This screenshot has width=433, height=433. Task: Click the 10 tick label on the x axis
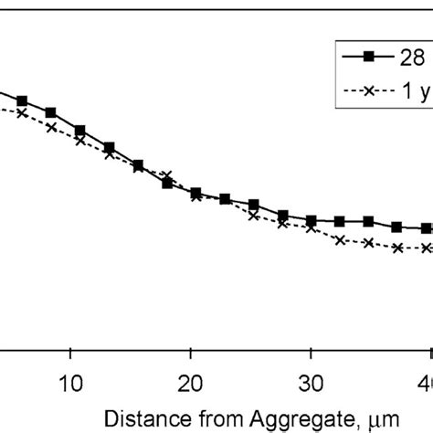(x=70, y=380)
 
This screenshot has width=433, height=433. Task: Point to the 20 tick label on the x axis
(x=190, y=380)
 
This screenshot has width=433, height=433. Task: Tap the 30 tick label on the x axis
(x=311, y=380)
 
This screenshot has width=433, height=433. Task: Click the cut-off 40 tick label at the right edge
(x=425, y=380)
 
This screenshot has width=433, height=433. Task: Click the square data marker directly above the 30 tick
(x=311, y=220)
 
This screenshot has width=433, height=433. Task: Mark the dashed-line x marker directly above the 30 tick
(x=311, y=228)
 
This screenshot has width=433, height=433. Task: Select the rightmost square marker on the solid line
(x=427, y=227)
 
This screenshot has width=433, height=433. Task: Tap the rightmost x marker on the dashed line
(x=427, y=248)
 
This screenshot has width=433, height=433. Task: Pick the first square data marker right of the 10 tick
(x=80, y=131)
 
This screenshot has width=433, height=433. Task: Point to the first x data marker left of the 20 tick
(x=166, y=174)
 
